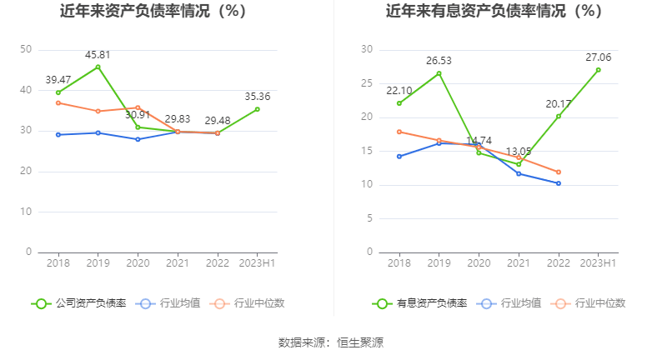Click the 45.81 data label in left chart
(x=98, y=55)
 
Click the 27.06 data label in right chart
(x=598, y=57)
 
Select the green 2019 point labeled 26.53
(x=439, y=73)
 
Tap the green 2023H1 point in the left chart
(x=257, y=109)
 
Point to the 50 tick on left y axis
(x=26, y=50)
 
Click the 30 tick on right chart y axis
(x=367, y=50)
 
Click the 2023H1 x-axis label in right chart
(x=598, y=262)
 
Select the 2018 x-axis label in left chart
(x=58, y=262)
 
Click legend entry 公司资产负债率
(x=79, y=303)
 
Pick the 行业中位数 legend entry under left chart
(x=249, y=303)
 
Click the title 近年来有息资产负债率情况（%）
(x=494, y=12)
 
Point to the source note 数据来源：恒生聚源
(x=331, y=342)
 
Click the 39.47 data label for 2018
(x=58, y=80)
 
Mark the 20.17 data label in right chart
(x=558, y=104)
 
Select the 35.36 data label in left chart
(x=257, y=97)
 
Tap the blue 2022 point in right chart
(x=558, y=183)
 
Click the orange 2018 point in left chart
(x=58, y=102)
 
